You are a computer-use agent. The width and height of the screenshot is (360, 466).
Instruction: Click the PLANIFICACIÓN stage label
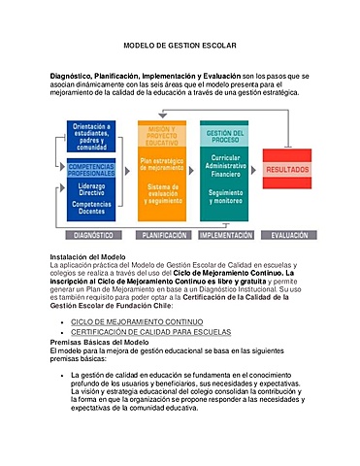coord(164,235)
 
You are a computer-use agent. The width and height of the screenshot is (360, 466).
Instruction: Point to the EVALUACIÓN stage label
coord(290,235)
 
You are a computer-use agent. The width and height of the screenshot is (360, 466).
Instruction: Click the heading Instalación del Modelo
coord(87,254)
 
